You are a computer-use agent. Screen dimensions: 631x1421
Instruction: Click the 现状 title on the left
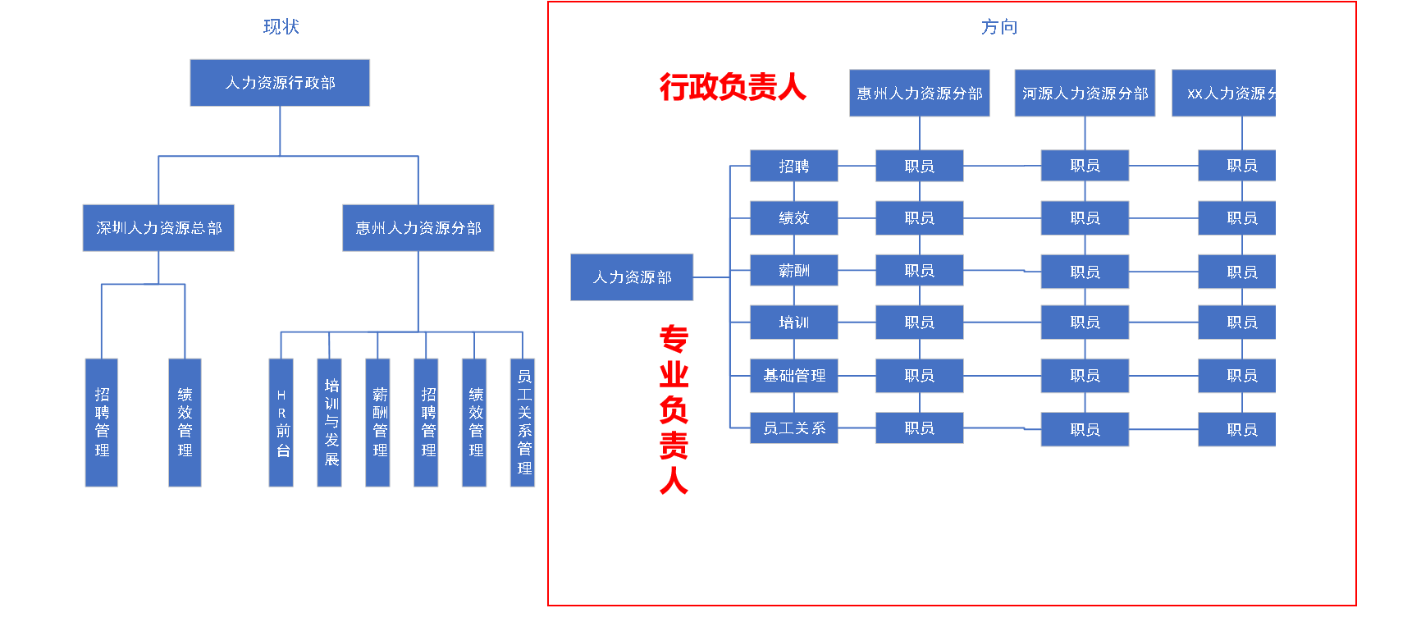(281, 27)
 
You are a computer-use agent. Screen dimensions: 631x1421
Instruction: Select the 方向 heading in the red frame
(998, 27)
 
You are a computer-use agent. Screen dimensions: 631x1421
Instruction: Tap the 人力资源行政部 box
(280, 83)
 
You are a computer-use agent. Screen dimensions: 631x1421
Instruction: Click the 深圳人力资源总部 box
(158, 228)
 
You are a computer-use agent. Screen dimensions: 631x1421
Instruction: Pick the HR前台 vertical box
(281, 423)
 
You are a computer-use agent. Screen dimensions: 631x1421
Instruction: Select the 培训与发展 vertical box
(330, 423)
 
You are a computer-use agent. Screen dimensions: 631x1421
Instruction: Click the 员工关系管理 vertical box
(523, 423)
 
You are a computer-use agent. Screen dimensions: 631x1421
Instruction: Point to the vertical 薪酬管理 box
(378, 423)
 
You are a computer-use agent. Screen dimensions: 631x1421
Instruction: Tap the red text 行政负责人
(733, 87)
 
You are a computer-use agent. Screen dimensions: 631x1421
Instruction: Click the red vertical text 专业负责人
(674, 409)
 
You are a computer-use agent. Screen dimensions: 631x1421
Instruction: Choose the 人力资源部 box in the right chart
(632, 277)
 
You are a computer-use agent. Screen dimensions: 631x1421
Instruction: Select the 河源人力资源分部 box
(1085, 94)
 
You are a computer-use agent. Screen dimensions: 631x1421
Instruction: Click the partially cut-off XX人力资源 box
(1224, 94)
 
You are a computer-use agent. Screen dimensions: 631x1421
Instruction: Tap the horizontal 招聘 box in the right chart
(793, 166)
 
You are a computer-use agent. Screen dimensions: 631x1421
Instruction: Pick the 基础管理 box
(793, 376)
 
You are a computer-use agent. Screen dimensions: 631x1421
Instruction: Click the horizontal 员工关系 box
(793, 428)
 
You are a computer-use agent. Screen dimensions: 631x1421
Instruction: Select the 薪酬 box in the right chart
(793, 271)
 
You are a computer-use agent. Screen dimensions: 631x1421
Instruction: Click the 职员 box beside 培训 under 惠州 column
(919, 322)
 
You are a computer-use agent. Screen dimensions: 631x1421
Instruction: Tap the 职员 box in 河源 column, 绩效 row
(1085, 218)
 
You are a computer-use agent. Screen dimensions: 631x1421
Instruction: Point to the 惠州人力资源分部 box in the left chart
(418, 228)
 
